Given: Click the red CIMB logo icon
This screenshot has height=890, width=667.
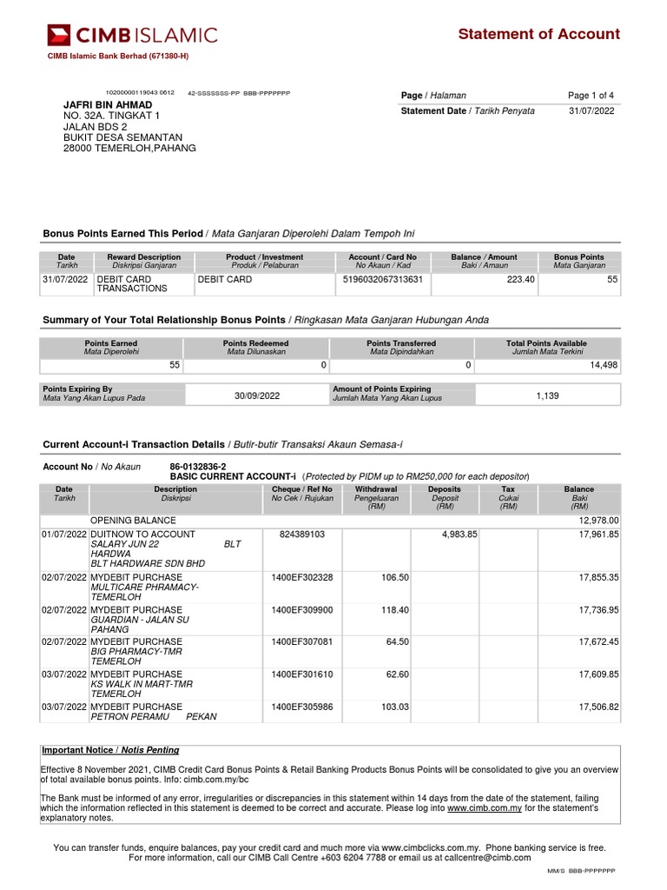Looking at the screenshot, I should (x=59, y=36).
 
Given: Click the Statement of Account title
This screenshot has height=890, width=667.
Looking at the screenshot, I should (x=538, y=35).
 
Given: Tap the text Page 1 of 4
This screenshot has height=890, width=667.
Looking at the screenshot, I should (x=591, y=96).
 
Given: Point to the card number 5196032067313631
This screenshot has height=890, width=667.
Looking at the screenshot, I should (x=382, y=280).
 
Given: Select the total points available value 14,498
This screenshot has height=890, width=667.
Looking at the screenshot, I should (x=603, y=366).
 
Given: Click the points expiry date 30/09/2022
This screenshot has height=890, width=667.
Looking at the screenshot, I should (x=257, y=396).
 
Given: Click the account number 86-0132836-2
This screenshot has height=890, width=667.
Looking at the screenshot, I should (x=198, y=467).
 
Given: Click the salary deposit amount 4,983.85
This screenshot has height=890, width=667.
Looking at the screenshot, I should (x=459, y=535).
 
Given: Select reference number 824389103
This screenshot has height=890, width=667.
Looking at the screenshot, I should (x=301, y=535).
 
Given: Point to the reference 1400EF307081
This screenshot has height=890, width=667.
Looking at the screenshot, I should (x=301, y=642).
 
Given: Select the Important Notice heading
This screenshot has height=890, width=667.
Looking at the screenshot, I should (x=110, y=750).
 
